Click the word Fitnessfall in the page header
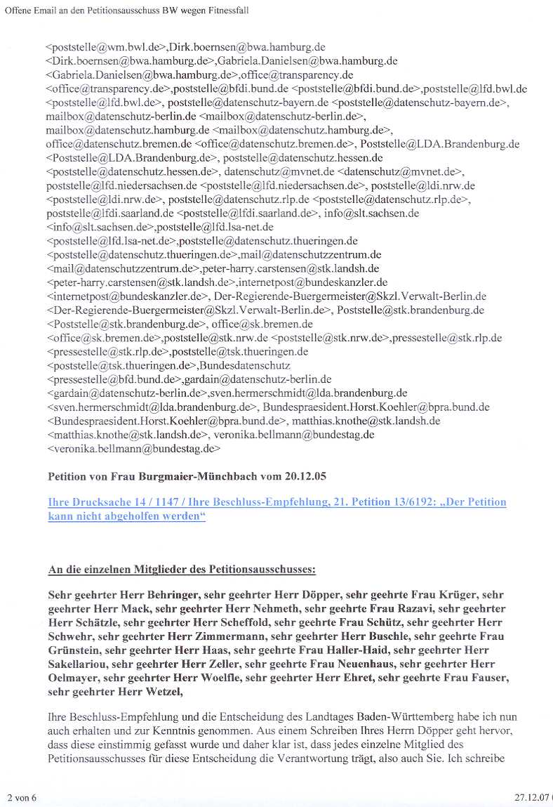[x=226, y=11]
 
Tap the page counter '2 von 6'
[x=22, y=797]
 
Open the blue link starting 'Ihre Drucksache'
[x=276, y=509]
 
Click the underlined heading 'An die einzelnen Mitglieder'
[x=182, y=569]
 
